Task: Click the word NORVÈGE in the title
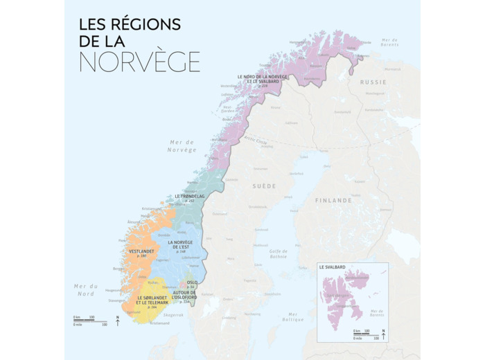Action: coord(139,61)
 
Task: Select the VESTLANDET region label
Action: coord(142,251)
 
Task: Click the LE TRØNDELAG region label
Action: coord(190,197)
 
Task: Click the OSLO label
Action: coord(192,283)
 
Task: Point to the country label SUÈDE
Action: coord(264,186)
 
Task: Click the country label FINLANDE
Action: coord(333,200)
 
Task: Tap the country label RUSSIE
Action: coord(373,81)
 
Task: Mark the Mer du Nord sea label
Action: coord(86,289)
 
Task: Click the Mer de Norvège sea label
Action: coord(182,145)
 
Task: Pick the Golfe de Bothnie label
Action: coord(279,254)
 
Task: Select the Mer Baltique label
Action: coord(293,316)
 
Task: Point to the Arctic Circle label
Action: coord(256,141)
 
